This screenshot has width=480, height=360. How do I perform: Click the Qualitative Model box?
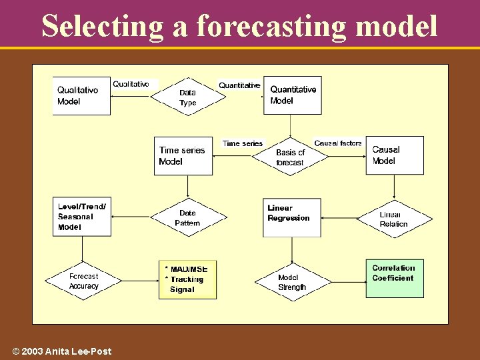coord(81,96)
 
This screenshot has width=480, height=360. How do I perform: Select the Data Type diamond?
coord(188,97)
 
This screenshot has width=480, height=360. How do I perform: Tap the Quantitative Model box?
coord(293,95)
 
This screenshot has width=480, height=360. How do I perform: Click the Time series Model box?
coord(183,156)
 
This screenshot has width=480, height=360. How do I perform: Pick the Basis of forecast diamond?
coord(290,157)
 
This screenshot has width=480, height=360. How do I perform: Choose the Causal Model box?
coord(394,155)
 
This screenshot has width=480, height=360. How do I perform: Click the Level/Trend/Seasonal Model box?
coord(82,217)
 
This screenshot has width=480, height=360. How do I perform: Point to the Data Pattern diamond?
coord(188,218)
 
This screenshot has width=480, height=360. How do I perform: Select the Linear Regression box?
coord(292,217)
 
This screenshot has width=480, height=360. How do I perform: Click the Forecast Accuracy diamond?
coord(83,281)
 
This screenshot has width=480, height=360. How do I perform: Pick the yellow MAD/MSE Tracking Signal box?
coord(187,279)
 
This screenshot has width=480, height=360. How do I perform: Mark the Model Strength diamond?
coord(292,282)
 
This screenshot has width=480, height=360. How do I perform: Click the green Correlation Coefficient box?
coord(394,277)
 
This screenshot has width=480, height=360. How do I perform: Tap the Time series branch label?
coord(243,143)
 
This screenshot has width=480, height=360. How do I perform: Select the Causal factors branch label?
coord(338,143)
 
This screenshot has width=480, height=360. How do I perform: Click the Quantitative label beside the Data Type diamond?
coord(239,85)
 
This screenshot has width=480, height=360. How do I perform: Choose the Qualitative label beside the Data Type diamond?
coord(131,84)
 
